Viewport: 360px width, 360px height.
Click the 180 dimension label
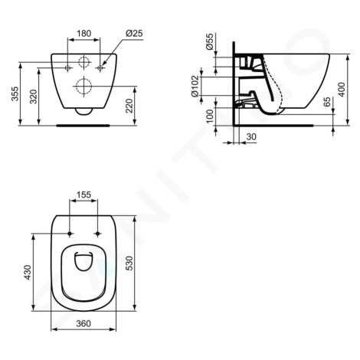click(84, 34)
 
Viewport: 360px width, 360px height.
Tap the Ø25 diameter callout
click(134, 33)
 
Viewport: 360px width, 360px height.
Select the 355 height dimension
click(15, 93)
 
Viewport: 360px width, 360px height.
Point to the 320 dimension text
click(34, 97)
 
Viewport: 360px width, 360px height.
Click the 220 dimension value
click(129, 106)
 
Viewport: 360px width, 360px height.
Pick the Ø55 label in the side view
click(209, 41)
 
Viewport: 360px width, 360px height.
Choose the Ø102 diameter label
click(195, 86)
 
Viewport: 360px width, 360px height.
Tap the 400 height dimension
click(342, 90)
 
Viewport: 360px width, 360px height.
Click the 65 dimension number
click(327, 102)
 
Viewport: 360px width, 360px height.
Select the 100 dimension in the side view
click(209, 116)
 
